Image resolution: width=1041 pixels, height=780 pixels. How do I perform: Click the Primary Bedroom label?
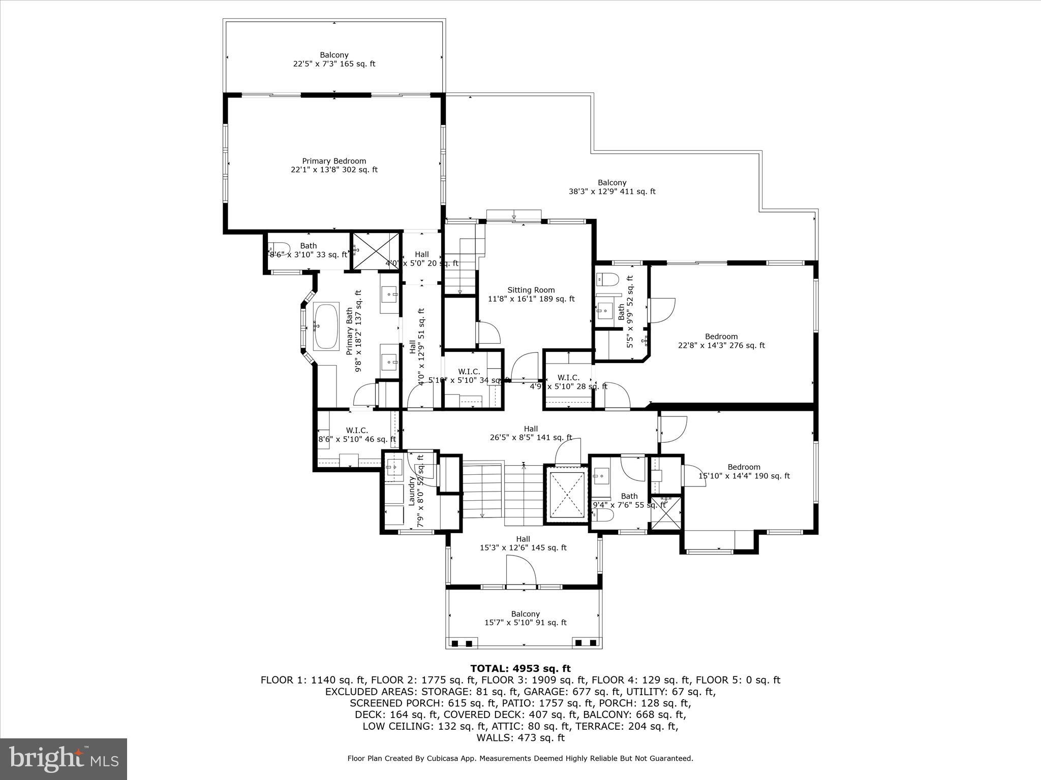pyautogui.click(x=334, y=166)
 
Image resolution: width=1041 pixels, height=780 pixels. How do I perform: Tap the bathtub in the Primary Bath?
pyautogui.click(x=326, y=326)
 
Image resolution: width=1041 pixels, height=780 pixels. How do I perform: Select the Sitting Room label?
pyautogui.click(x=531, y=295)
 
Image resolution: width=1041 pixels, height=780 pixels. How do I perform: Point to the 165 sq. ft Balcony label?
pyautogui.click(x=334, y=59)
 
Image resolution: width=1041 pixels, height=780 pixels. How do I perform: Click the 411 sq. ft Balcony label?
pyautogui.click(x=611, y=187)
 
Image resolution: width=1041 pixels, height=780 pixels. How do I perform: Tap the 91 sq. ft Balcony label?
pyautogui.click(x=525, y=618)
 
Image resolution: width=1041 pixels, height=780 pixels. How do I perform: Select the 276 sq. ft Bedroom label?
pyautogui.click(x=721, y=341)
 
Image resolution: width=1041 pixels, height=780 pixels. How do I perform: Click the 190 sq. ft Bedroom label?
pyautogui.click(x=744, y=471)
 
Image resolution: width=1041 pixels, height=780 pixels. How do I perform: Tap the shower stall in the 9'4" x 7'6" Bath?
pyautogui.click(x=665, y=513)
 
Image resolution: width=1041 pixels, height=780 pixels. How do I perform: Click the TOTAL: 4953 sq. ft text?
pyautogui.click(x=520, y=668)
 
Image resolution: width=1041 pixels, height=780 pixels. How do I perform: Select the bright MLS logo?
pyautogui.click(x=64, y=759)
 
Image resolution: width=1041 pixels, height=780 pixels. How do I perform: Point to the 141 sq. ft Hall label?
pyautogui.click(x=531, y=433)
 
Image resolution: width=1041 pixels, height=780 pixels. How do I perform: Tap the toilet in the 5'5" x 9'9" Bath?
pyautogui.click(x=607, y=279)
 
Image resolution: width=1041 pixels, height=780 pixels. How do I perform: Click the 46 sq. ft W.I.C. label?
pyautogui.click(x=357, y=435)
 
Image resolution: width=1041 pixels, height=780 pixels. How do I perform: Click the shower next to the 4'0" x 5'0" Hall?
pyautogui.click(x=376, y=251)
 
